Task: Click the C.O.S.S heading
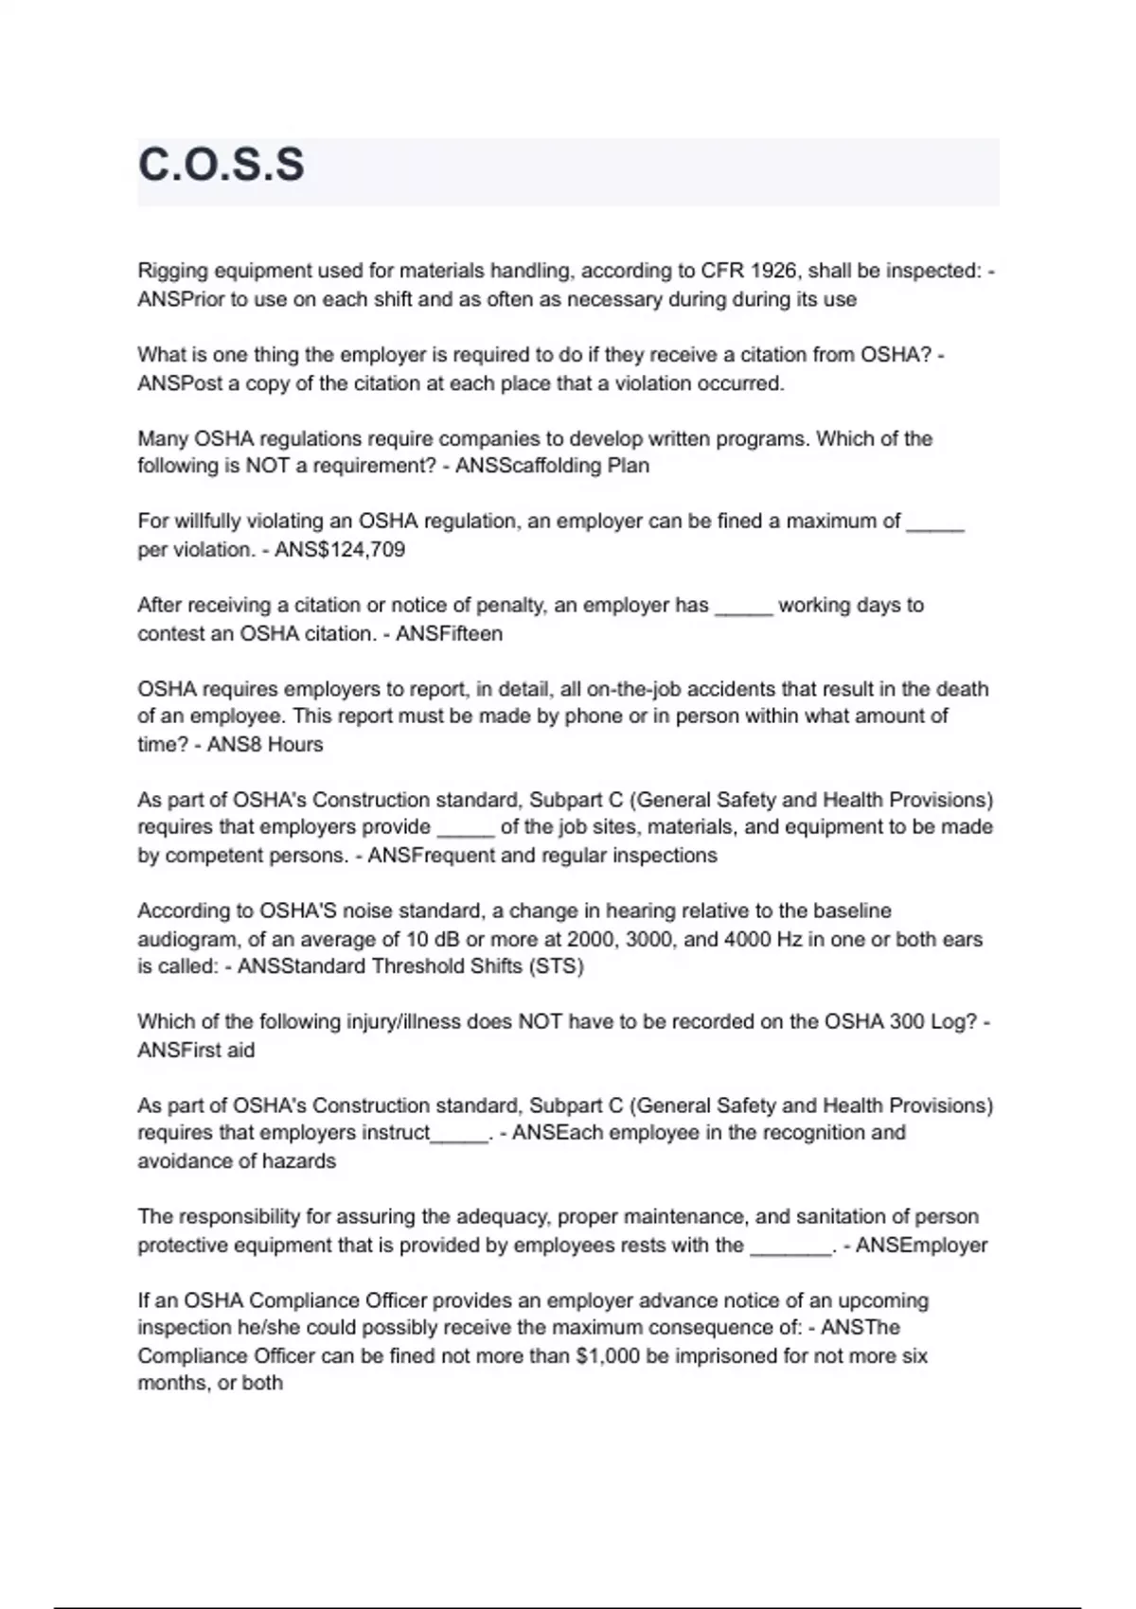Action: tap(222, 165)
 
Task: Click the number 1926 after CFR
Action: tap(775, 271)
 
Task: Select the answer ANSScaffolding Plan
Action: tap(552, 466)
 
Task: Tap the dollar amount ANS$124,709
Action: tap(340, 550)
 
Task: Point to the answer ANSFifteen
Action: tap(449, 633)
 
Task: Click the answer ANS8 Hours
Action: tap(265, 745)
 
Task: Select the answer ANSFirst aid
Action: tap(196, 1051)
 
